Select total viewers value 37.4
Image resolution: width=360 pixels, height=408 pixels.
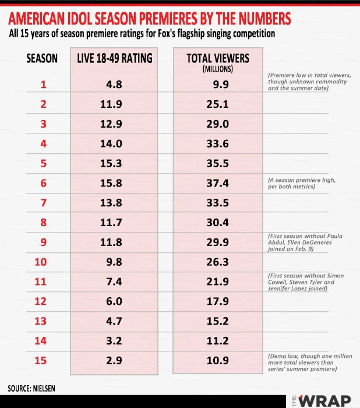pos(217,184)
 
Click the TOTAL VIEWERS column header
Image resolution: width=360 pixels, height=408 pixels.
pos(218,58)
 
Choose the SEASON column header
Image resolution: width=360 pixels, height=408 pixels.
pos(43,58)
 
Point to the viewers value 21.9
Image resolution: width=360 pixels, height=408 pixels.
pos(217,282)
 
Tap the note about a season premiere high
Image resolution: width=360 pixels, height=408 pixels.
pos(301,184)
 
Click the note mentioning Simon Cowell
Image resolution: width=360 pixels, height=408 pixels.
pos(305,282)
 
